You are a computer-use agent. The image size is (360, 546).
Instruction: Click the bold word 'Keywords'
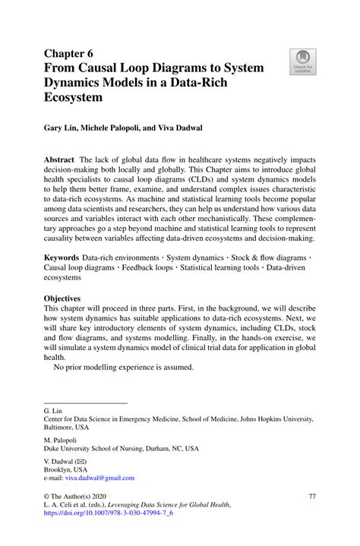pyautogui.click(x=62, y=258)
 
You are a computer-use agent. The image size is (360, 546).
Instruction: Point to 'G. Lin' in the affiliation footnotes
pyautogui.click(x=53, y=409)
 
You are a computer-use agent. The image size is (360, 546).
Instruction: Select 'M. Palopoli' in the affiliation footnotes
pyautogui.click(x=60, y=439)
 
